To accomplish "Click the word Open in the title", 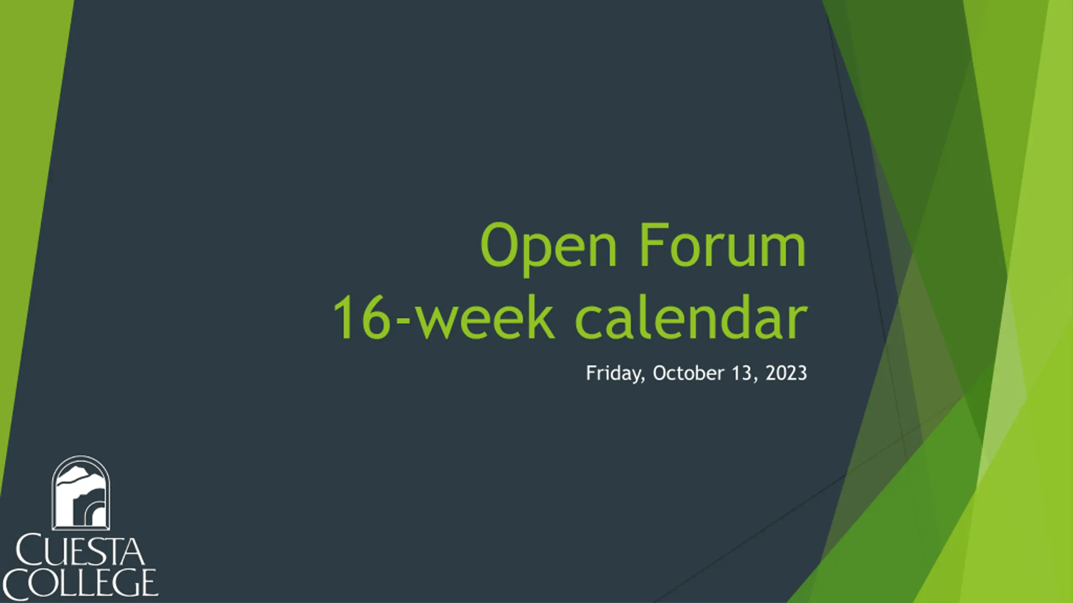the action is [x=549, y=249].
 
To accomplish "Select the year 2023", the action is [x=786, y=373].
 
